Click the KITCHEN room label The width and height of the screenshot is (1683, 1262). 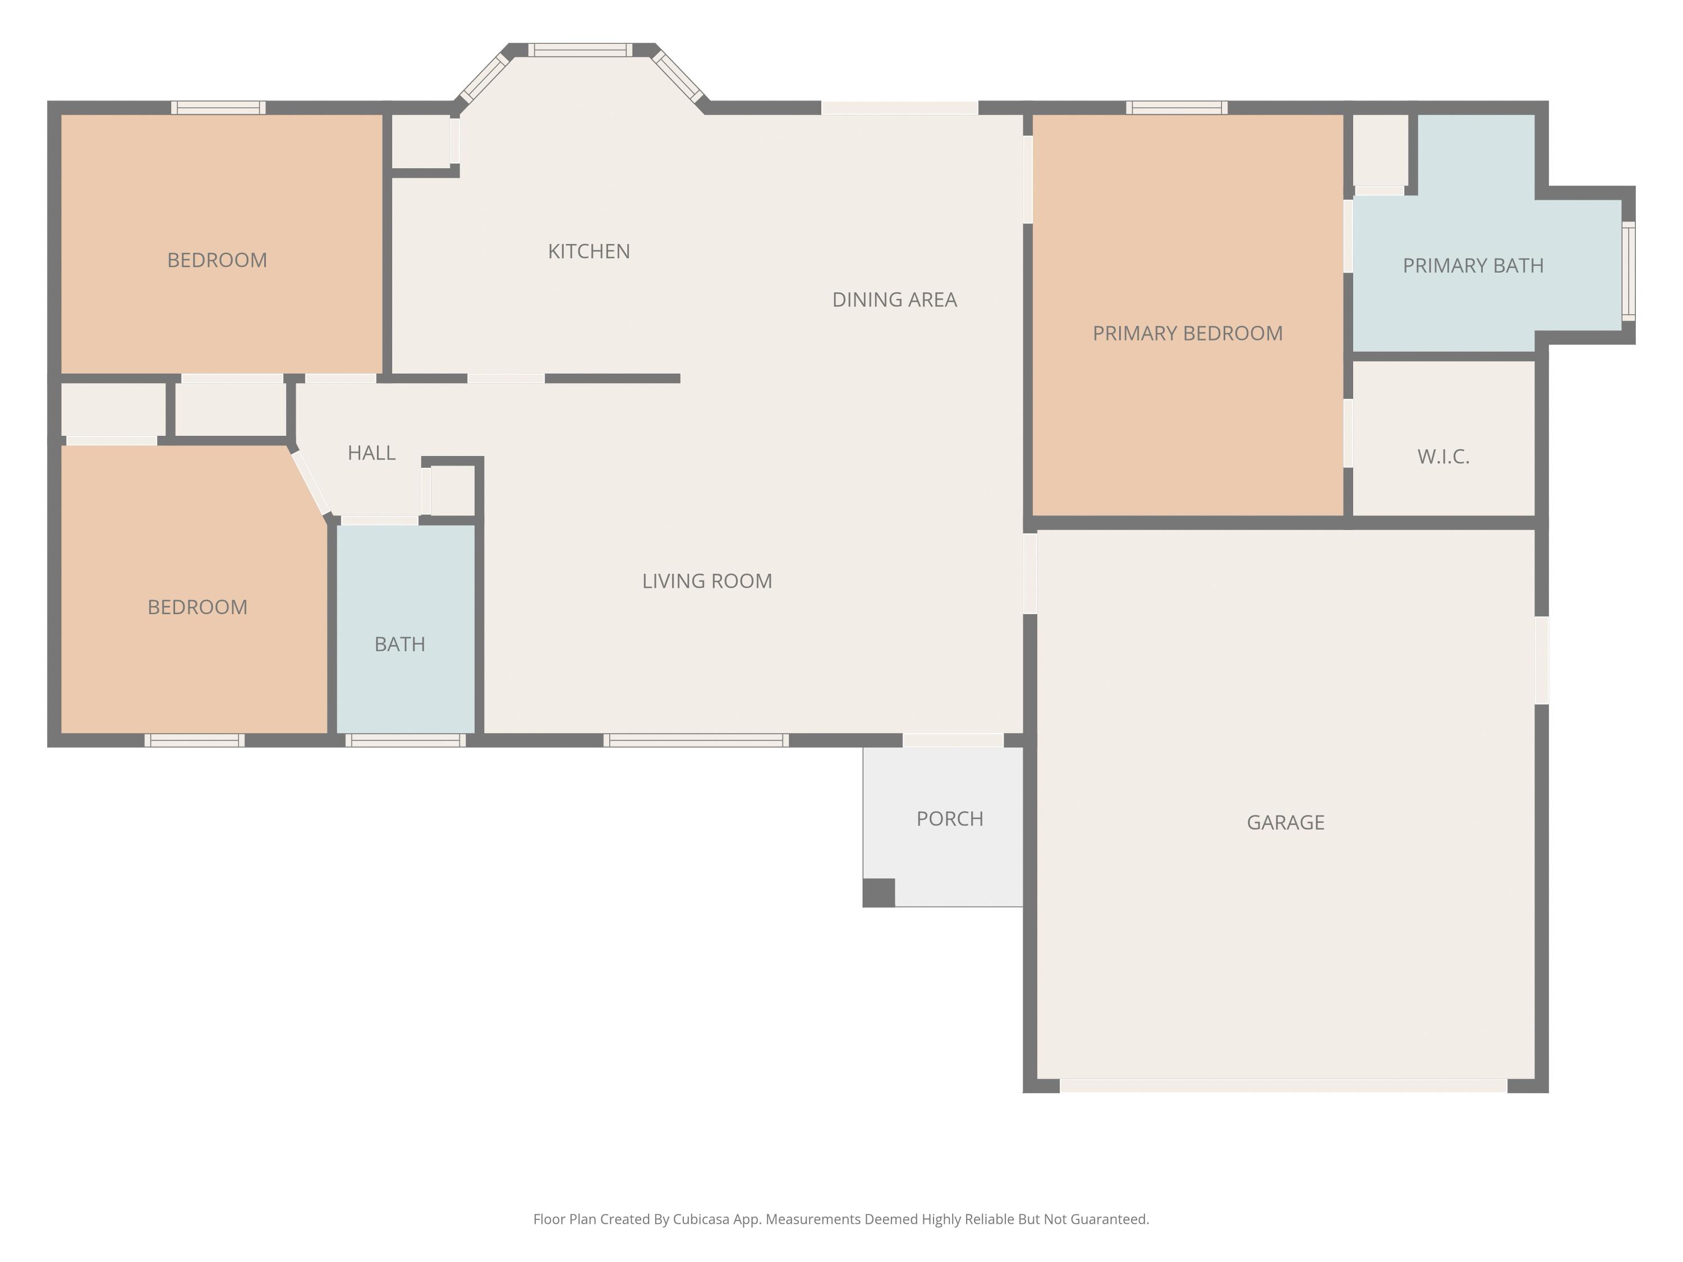click(589, 252)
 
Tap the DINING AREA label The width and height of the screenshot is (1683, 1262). click(894, 300)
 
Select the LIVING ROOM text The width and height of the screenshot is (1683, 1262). click(707, 581)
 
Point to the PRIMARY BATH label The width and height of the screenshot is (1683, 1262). click(1473, 265)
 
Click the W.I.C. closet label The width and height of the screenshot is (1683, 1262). click(1442, 457)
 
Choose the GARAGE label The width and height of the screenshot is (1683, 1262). click(1285, 822)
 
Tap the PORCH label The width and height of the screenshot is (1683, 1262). click(950, 818)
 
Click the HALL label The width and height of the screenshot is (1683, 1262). click(371, 453)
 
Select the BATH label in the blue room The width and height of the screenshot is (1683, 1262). click(399, 644)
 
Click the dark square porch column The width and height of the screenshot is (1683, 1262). click(879, 892)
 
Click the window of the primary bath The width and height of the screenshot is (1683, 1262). click(1628, 271)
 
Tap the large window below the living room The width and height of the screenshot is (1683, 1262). click(696, 740)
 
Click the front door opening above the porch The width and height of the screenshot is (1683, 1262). click(953, 740)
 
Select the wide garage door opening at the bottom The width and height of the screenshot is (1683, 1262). click(1284, 1085)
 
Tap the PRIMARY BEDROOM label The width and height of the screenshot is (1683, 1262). click(1187, 333)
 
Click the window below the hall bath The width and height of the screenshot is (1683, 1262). click(406, 740)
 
